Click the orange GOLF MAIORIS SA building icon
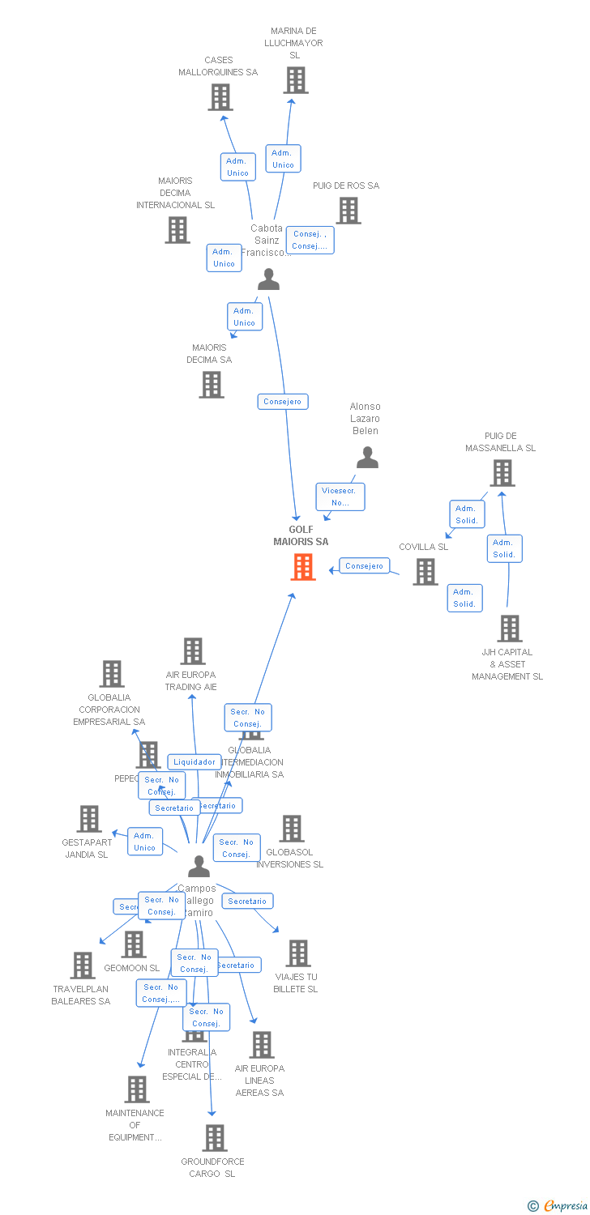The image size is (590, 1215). click(303, 567)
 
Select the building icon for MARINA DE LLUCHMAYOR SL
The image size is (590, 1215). click(296, 80)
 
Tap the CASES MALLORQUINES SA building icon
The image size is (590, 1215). click(220, 97)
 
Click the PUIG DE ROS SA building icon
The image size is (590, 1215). click(348, 211)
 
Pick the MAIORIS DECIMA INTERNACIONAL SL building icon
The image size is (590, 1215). click(177, 230)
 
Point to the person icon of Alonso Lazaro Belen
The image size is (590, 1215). click(367, 458)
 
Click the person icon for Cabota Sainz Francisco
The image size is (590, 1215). click(268, 279)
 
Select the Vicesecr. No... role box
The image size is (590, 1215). click(340, 497)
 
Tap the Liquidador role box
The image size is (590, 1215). click(195, 761)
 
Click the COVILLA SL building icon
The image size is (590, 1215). click(425, 572)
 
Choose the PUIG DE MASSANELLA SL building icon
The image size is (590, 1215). click(502, 473)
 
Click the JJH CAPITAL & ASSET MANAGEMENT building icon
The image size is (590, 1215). click(509, 629)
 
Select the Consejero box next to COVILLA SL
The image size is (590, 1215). click(364, 566)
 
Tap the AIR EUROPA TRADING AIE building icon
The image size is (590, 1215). click(193, 651)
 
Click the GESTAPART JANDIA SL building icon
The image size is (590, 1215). click(89, 819)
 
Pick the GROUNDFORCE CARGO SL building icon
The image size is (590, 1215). click(215, 1138)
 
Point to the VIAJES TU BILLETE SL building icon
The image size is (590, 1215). click(298, 953)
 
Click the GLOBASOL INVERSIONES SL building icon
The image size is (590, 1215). click(292, 829)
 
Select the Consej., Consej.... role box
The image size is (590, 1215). click(310, 240)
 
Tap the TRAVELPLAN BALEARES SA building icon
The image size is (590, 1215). click(83, 966)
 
